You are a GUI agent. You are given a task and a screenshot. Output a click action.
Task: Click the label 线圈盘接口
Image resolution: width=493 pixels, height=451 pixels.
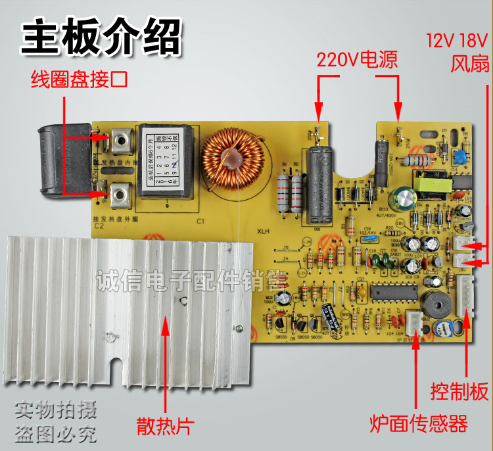(79, 80)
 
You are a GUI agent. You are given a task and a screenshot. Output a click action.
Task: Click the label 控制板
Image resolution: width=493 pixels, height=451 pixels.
(459, 392)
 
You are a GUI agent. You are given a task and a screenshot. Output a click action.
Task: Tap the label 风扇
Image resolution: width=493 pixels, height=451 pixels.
(467, 64)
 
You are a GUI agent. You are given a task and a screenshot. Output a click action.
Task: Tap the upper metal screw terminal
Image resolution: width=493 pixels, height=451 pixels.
(120, 139)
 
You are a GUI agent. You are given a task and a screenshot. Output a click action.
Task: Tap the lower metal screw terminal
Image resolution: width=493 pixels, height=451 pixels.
(120, 194)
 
